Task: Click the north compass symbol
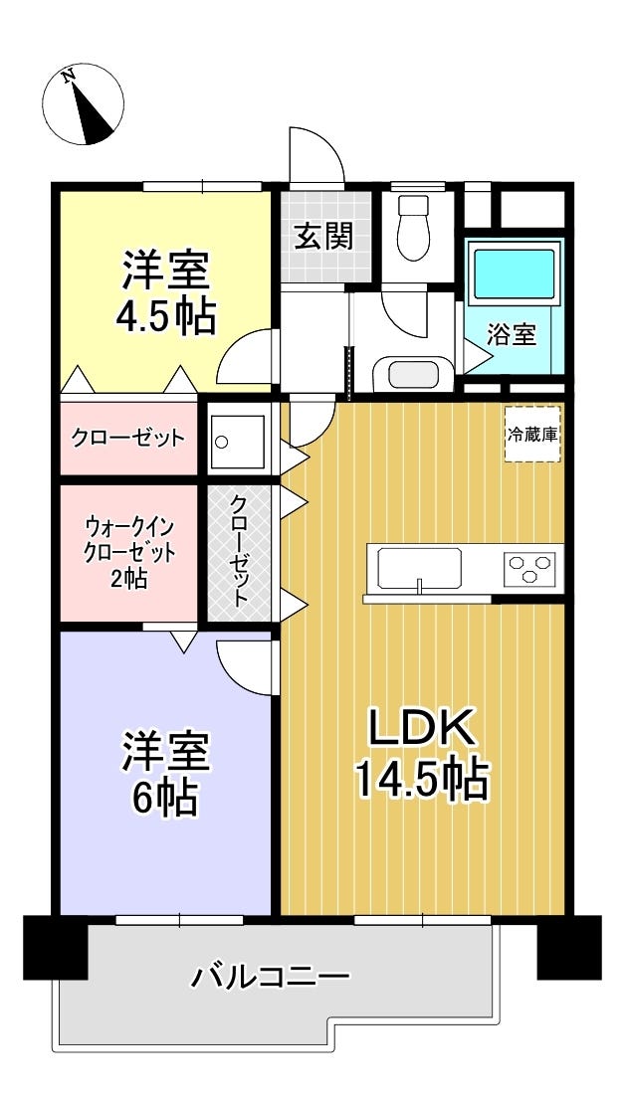[83, 103]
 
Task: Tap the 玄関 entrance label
[322, 238]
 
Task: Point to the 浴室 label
[512, 336]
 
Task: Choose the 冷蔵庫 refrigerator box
[532, 435]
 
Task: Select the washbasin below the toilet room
[407, 374]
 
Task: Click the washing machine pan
[239, 442]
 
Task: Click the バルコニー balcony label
[270, 976]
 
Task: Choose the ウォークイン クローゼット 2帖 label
[129, 551]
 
